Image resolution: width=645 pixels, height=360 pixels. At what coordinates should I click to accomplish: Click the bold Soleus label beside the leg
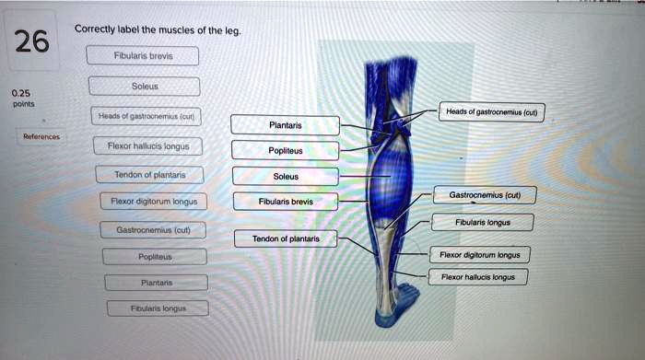286,176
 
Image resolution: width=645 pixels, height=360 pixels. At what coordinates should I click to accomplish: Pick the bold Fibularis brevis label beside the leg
286,201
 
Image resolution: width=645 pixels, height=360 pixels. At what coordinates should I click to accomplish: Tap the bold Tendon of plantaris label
286,238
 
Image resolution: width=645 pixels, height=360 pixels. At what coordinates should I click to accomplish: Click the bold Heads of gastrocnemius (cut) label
492,112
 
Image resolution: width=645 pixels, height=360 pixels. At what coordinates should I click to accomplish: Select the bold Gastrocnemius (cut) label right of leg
485,195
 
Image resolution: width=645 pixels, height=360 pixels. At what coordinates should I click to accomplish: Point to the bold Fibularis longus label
482,222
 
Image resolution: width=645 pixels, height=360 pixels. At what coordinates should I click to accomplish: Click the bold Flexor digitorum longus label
480,254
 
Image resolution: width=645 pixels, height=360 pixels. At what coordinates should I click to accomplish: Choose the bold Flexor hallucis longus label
478,276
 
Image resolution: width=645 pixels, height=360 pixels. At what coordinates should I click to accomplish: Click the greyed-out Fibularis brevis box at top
143,54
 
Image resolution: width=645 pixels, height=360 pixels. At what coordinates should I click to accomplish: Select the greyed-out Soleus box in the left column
145,87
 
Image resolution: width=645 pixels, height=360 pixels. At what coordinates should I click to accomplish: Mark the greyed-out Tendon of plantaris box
150,174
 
